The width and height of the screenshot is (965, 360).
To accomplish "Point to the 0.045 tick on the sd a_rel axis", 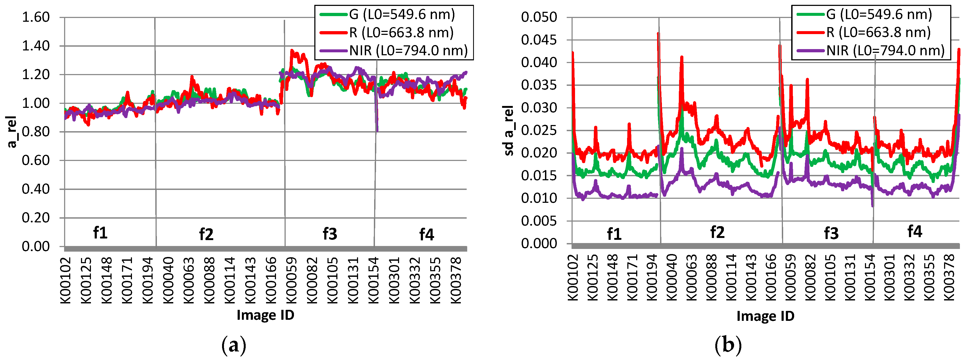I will [x=539, y=40].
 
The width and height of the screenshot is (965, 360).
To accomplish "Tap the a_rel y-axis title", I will [x=12, y=132].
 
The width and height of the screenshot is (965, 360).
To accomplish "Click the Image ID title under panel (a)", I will [x=265, y=315].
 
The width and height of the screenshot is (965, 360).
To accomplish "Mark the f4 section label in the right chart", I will [x=914, y=232].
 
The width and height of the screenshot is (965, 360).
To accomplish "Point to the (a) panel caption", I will [x=234, y=345].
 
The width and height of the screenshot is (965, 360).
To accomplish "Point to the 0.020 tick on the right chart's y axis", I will [x=539, y=153].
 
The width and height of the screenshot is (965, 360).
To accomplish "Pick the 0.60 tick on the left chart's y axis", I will [x=36, y=160].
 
